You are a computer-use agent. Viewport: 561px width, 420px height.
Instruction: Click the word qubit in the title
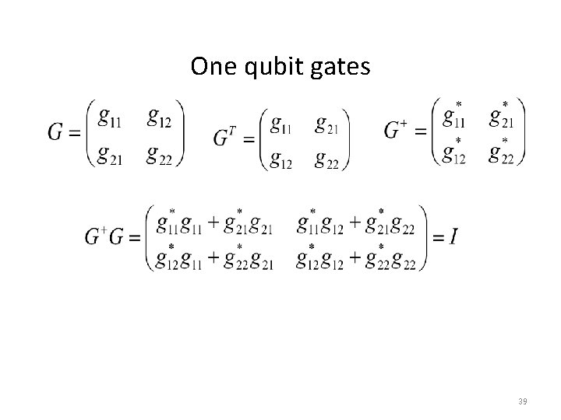point(278,68)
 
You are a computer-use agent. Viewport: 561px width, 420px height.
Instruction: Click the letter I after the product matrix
point(453,237)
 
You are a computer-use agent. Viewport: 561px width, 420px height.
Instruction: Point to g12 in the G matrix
point(158,118)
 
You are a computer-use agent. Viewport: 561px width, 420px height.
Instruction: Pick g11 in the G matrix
point(111,118)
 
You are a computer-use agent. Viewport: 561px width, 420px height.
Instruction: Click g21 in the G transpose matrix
point(328,122)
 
